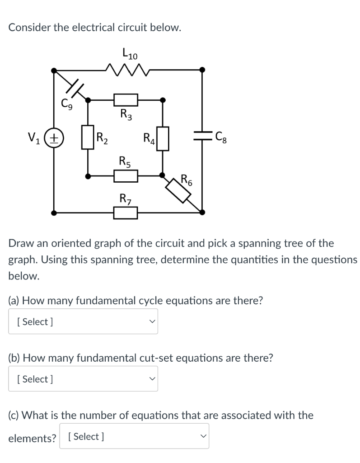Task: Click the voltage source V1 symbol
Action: point(54,137)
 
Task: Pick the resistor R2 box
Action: point(88,137)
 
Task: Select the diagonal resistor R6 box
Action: point(179,190)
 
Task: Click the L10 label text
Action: point(130,54)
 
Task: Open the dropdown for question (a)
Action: point(83,321)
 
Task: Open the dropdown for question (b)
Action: point(83,379)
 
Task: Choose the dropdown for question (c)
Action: point(134,436)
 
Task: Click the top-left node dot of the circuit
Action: point(54,70)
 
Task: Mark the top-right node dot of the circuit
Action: point(202,70)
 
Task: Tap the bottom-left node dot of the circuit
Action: point(54,212)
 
